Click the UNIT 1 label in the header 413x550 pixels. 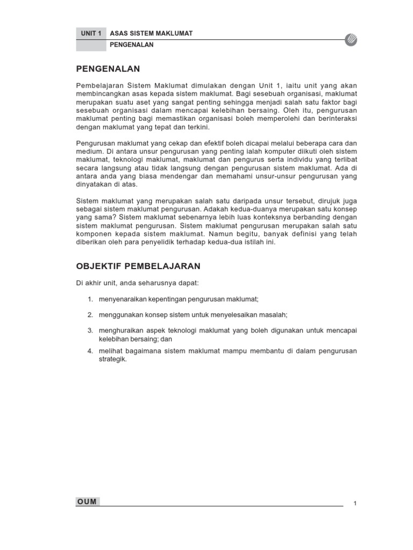91,33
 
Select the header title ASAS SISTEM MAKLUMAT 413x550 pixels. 151,33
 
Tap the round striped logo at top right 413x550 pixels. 351,39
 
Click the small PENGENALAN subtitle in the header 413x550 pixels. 132,45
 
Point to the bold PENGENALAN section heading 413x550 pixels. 108,69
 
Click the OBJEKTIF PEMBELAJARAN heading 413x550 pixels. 138,266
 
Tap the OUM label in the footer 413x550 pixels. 87,502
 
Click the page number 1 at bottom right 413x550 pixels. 355,503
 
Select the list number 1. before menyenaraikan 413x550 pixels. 90,299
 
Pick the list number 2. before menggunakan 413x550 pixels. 90,314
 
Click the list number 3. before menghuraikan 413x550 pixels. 90,330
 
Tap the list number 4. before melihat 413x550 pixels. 90,351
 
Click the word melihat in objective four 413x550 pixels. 109,351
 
